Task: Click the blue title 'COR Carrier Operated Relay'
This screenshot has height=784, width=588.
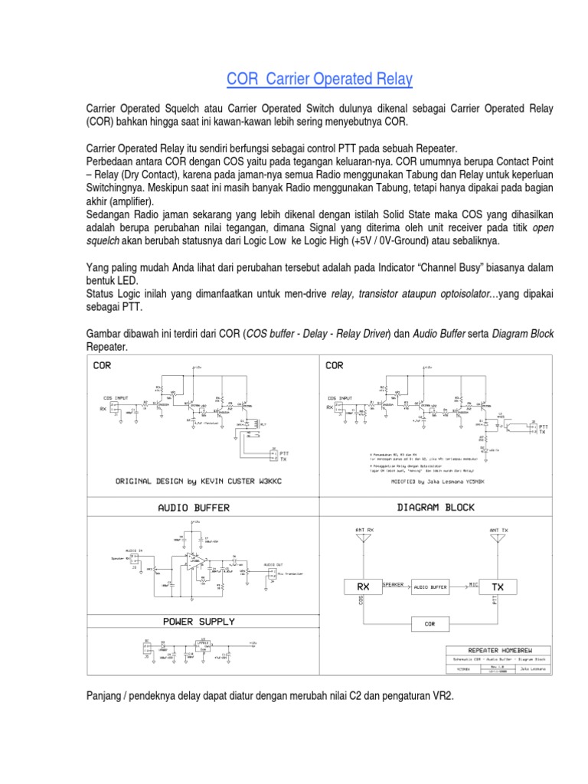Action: click(x=319, y=80)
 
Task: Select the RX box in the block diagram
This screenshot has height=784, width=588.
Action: click(x=363, y=586)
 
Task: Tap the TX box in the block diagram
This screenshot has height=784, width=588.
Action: click(x=498, y=586)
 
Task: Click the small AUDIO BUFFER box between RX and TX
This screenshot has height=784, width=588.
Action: click(x=430, y=587)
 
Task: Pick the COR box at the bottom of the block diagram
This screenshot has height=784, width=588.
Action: click(x=430, y=624)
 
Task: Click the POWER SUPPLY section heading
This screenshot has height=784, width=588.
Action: click(x=199, y=621)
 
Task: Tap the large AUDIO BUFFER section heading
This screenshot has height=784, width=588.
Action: click(x=194, y=508)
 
